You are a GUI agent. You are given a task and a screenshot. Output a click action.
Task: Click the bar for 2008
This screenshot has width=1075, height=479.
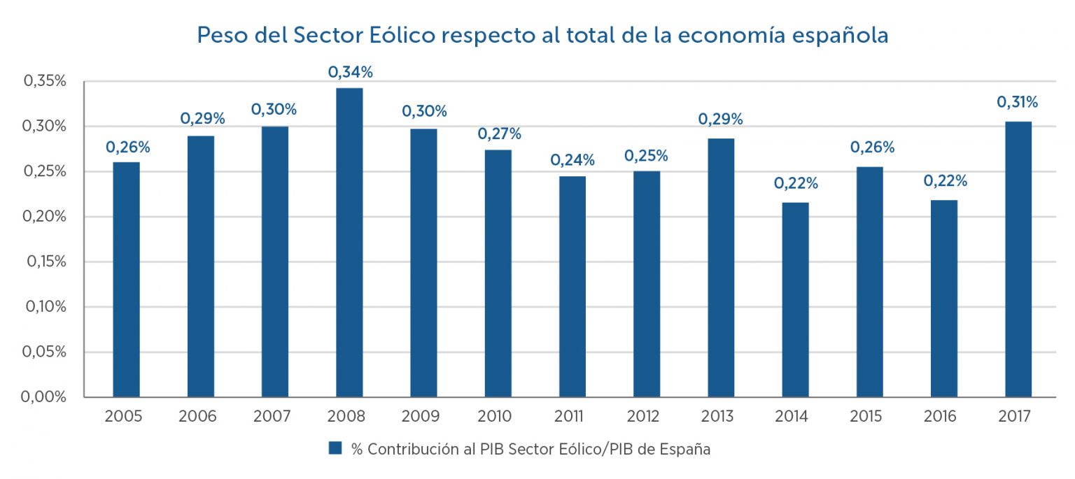pyautogui.click(x=349, y=243)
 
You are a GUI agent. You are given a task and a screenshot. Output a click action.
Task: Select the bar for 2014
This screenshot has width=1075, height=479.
pyautogui.click(x=795, y=300)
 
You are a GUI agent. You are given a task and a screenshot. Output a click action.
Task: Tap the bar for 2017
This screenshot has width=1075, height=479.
pyautogui.click(x=1018, y=259)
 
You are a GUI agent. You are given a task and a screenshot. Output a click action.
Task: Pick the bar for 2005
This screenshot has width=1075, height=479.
pyautogui.click(x=127, y=280)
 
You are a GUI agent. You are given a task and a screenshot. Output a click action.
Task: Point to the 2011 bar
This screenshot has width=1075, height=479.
pyautogui.click(x=572, y=287)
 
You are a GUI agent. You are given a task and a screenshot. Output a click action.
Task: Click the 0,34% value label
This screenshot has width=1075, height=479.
pyautogui.click(x=351, y=72)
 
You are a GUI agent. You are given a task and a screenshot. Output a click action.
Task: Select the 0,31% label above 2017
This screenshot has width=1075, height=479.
pyautogui.click(x=1018, y=102)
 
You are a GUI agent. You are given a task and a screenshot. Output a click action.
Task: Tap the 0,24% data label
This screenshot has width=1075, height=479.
pyautogui.click(x=572, y=160)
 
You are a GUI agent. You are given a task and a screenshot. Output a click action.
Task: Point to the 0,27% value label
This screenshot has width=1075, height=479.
pyautogui.click(x=499, y=134)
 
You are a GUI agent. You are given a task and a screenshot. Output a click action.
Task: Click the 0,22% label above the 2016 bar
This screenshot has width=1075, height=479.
pyautogui.click(x=945, y=181)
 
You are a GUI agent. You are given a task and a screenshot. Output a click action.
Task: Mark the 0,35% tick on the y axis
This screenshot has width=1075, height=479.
pyautogui.click(x=45, y=81)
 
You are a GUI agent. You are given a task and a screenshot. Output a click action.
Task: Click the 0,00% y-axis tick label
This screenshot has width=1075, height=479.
pyautogui.click(x=45, y=397)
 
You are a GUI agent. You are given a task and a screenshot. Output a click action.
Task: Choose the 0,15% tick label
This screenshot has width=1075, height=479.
pyautogui.click(x=45, y=262)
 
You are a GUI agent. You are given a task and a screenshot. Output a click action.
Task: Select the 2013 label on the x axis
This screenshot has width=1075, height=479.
pyautogui.click(x=721, y=417)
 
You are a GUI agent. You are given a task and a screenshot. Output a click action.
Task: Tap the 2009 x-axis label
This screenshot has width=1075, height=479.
pyautogui.click(x=424, y=417)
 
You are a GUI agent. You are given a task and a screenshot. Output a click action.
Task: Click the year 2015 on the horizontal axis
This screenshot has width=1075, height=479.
pyautogui.click(x=869, y=417)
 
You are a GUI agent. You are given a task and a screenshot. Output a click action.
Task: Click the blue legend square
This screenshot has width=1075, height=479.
pyautogui.click(x=335, y=448)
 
